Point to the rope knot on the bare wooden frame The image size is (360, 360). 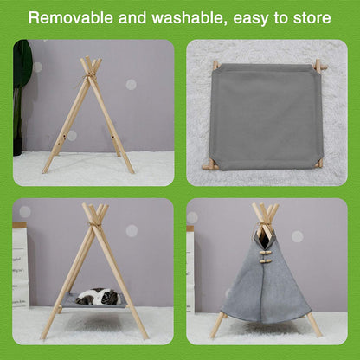point(89,77)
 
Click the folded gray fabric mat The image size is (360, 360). point(266,113)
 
